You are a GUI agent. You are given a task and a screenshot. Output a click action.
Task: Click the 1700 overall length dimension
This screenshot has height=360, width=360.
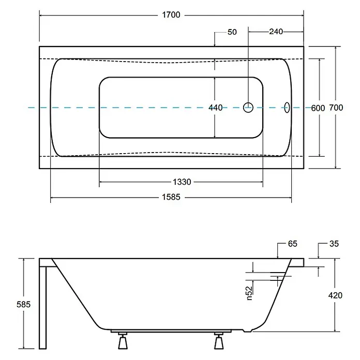(171, 15)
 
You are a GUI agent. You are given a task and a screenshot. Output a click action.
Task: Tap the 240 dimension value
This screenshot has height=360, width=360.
(276, 32)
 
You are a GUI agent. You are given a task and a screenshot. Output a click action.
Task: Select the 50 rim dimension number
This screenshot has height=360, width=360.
(232, 32)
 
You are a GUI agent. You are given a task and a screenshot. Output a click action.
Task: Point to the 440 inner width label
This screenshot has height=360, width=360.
(215, 108)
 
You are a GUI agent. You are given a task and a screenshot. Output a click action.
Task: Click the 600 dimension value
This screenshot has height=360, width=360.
(318, 108)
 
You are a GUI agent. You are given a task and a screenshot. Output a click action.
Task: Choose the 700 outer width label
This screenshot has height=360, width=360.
(336, 108)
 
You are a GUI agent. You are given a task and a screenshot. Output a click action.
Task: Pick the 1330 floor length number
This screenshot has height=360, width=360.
(182, 182)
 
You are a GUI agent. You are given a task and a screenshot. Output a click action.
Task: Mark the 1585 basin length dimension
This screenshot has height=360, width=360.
(171, 197)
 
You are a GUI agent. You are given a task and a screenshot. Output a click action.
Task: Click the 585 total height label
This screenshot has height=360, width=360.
(23, 305)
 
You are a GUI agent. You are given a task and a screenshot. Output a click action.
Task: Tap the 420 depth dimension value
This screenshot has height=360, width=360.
(335, 295)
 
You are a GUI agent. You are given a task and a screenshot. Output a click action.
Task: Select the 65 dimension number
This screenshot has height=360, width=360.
(293, 244)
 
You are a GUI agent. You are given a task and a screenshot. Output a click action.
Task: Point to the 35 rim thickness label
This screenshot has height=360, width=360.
(334, 244)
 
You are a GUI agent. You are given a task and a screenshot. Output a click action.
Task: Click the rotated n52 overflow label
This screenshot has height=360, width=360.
(249, 293)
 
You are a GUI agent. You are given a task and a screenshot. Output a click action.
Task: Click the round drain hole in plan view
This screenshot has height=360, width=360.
(248, 108)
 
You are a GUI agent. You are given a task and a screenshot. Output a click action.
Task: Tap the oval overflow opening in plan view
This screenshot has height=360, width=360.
(287, 108)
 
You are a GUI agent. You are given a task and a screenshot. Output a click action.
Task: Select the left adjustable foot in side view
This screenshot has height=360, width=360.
(123, 341)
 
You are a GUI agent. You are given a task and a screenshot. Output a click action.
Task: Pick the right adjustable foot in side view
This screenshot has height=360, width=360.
(219, 341)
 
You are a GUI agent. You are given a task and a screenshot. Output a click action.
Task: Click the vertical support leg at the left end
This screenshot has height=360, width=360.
(43, 308)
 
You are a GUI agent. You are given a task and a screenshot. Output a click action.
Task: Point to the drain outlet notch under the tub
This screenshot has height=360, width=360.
(247, 331)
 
